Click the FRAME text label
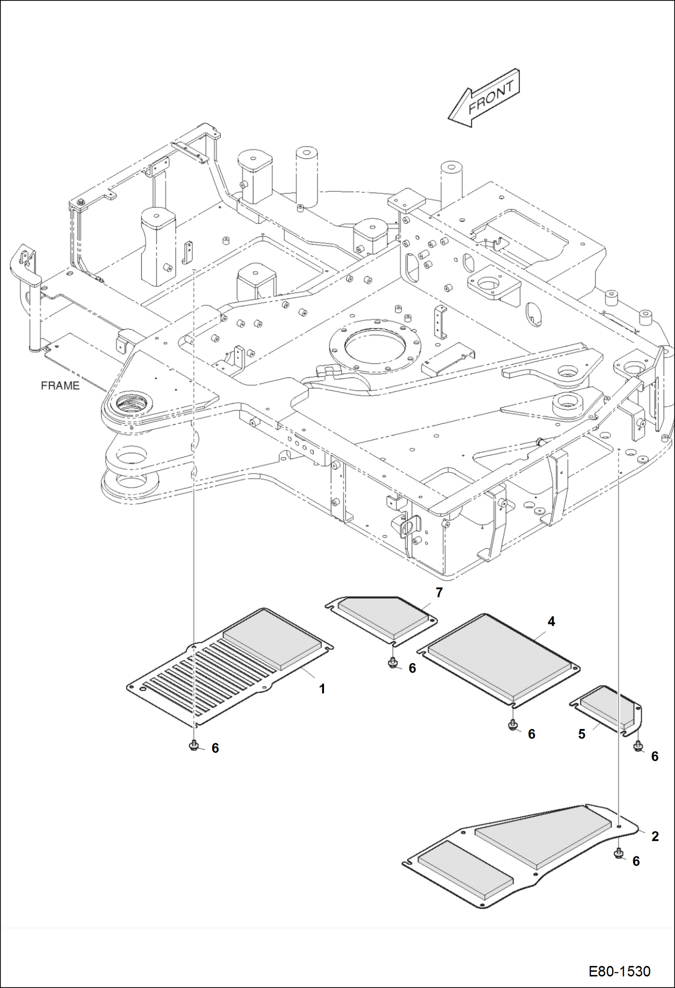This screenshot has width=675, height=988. coord(60,386)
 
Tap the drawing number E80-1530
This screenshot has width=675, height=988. coord(619,971)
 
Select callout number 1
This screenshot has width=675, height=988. coord(322,689)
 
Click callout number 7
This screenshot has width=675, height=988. coord(439,592)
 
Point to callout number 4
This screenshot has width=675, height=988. coord(551,622)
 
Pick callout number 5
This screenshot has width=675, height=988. coord(582,734)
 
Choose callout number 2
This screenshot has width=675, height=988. coord(655,837)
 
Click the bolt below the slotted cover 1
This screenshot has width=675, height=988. coord(194,746)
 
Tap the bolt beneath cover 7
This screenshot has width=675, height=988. coord(393,663)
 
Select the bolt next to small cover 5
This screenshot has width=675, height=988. coord(638,747)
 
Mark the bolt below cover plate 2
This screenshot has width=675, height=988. coord(619,853)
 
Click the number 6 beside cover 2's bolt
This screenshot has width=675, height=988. coord(636,861)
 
